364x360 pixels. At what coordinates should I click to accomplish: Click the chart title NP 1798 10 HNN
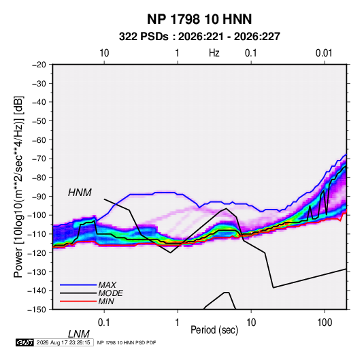[199, 19]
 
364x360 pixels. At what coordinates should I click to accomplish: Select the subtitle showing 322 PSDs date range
[199, 37]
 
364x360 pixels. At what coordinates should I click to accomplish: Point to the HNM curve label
[80, 193]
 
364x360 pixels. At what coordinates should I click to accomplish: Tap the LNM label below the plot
[79, 334]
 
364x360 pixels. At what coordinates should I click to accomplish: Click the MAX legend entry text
[107, 284]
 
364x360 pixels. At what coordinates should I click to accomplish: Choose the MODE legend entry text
[110, 293]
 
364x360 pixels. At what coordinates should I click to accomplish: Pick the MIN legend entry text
[106, 301]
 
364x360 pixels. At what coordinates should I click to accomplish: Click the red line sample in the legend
[78, 301]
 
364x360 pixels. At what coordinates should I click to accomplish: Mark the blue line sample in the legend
[78, 284]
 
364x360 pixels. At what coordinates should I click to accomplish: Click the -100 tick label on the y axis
[37, 215]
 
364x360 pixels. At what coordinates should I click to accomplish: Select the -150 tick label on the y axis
[37, 310]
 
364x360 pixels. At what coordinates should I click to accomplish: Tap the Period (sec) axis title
[214, 330]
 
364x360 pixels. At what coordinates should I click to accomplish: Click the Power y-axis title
[18, 187]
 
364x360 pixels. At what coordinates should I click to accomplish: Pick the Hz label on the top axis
[214, 53]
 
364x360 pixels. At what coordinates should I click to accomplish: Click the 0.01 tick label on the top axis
[324, 53]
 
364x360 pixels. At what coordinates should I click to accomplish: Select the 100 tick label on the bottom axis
[325, 323]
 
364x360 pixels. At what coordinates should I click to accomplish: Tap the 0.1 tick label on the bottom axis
[104, 323]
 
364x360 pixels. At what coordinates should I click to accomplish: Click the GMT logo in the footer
[25, 342]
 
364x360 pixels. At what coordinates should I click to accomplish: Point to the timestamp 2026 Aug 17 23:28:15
[63, 342]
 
